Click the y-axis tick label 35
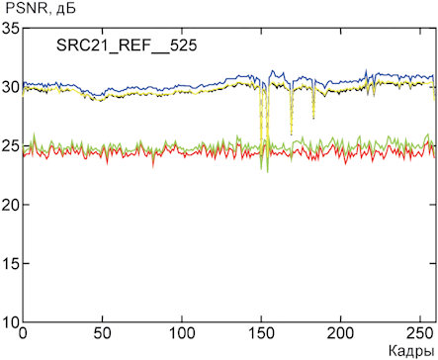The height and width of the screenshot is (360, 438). tap(11, 29)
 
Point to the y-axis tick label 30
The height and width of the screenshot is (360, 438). tap(11, 87)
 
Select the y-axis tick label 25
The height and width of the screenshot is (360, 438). tap(11, 146)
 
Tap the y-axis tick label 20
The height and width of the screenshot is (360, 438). tap(11, 205)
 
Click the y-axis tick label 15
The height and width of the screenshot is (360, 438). tap(11, 264)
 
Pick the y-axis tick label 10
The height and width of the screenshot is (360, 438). tap(11, 322)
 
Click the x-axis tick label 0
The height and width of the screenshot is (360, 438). tap(23, 333)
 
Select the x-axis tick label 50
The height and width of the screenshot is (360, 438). tap(103, 333)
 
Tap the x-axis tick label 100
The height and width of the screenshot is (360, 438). tap(182, 333)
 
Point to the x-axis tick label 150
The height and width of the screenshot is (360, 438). tap(261, 333)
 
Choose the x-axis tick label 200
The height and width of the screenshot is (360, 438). tap(341, 333)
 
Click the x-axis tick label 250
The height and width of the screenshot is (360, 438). tap(420, 333)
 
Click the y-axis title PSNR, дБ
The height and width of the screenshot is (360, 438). tap(42, 8)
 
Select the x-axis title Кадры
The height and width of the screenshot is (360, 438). tap(411, 351)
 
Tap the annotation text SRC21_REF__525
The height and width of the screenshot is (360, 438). tap(127, 45)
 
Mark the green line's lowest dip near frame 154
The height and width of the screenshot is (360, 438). tap(267, 172)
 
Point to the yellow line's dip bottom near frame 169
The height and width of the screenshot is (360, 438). tap(291, 135)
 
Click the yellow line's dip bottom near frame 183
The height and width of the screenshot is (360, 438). tap(313, 119)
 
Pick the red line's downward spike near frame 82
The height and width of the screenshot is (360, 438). tap(153, 167)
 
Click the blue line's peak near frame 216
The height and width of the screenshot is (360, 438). tap(366, 69)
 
